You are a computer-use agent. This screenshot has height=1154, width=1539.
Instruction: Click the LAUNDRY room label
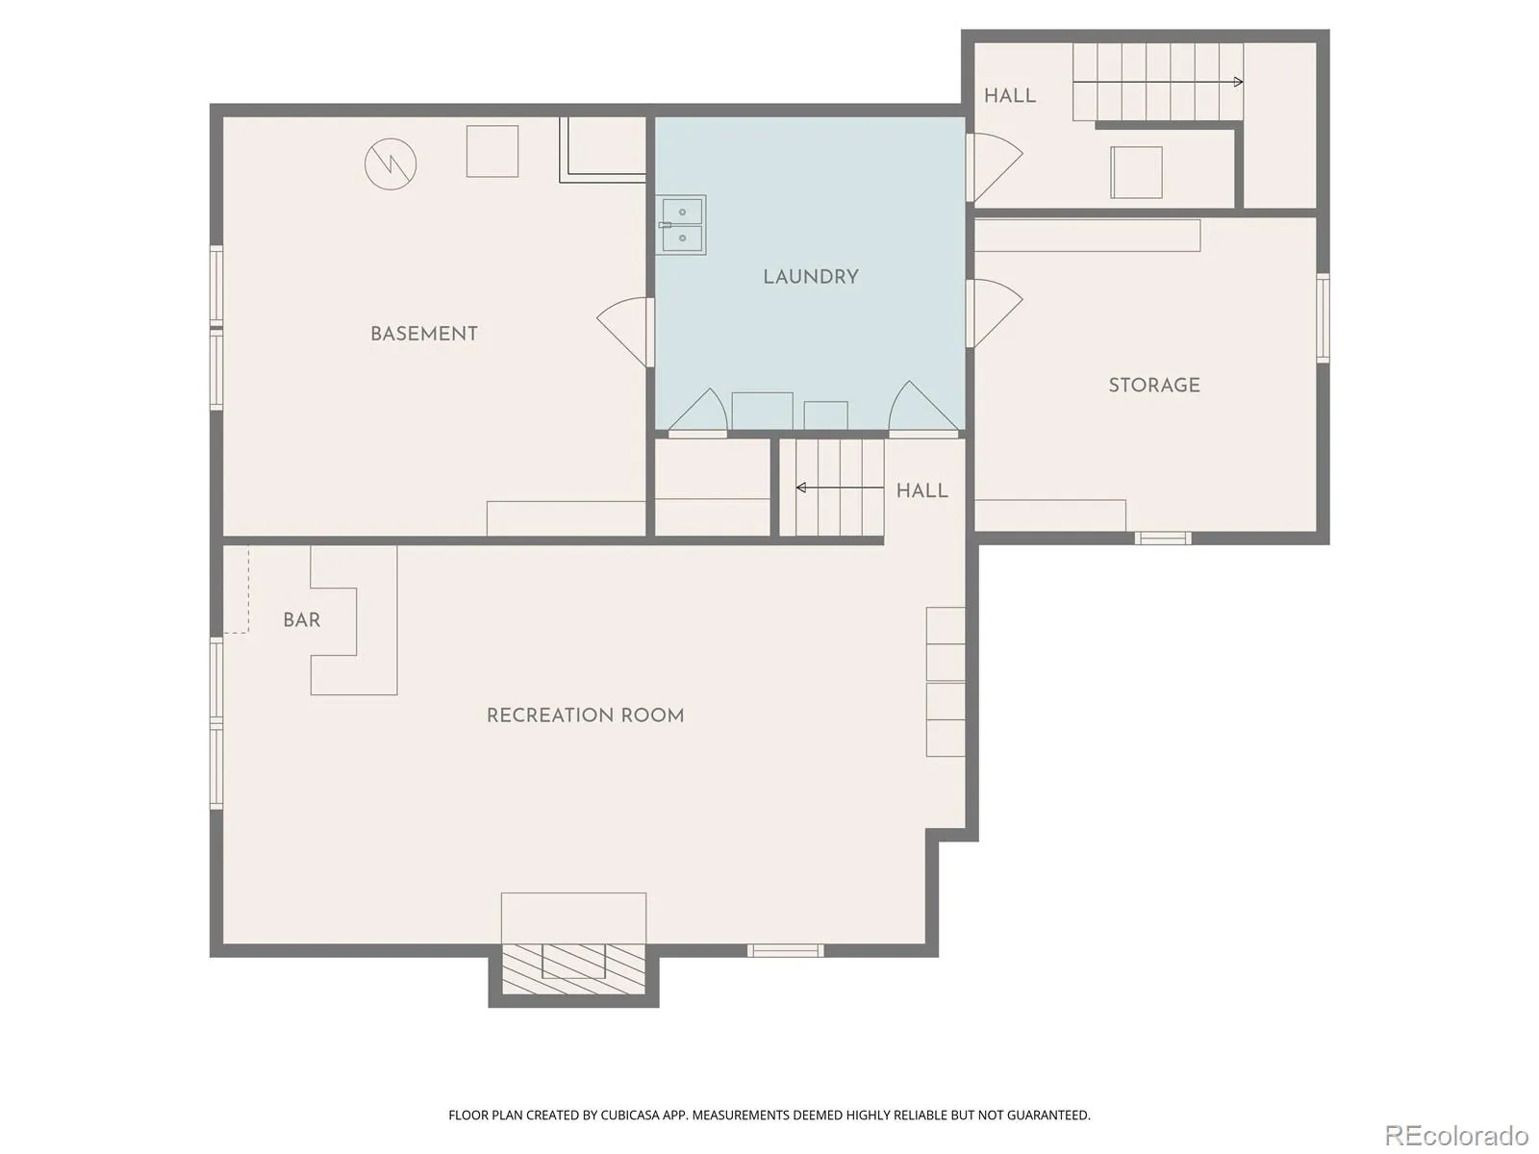pos(811,277)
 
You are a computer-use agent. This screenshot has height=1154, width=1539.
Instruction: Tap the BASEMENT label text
pos(424,334)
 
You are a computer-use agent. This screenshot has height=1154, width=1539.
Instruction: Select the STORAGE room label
pos(1154,385)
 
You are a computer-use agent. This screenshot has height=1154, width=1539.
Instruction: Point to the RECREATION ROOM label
pos(586,715)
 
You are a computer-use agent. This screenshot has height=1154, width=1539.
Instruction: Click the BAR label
pos(301,619)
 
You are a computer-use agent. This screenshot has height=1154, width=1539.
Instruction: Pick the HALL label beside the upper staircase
pos(1010,95)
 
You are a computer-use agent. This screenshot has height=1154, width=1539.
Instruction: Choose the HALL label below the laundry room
pos(922,490)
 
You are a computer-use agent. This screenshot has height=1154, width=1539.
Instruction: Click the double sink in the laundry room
pos(682,225)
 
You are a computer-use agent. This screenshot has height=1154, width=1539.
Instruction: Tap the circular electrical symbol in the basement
pos(391,163)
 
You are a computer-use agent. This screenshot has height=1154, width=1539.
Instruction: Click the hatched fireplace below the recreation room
pos(573,969)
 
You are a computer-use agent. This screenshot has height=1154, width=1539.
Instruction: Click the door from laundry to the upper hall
pos(995,167)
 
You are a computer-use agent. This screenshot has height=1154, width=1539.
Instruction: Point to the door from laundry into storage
pos(995,314)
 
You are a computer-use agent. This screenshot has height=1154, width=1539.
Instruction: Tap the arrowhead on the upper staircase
pos(1239,82)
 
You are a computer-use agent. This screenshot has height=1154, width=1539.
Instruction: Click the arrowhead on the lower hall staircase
pos(800,488)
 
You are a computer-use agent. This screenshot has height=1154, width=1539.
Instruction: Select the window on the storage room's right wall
pos(1323,318)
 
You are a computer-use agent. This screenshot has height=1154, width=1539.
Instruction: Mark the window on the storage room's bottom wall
pos(1163,539)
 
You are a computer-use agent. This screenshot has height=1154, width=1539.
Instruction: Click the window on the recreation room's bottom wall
pos(785,951)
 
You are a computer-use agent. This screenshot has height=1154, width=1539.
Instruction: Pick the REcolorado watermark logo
pos(1456,1134)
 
